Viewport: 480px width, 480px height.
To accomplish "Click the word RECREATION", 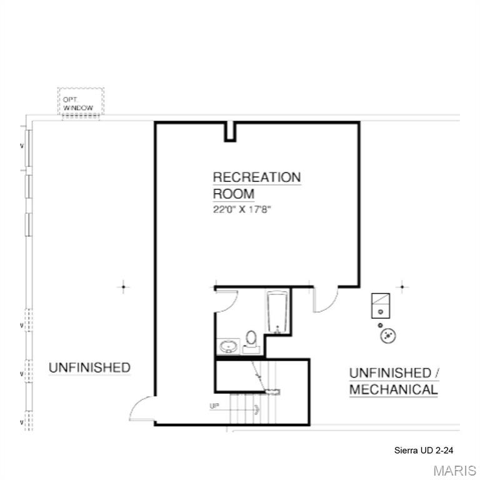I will [256, 177].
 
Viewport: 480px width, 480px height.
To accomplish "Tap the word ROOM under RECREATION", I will [234, 193].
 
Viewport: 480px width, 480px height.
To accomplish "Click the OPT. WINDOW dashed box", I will [81, 101].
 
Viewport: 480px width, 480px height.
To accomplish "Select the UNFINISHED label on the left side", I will [89, 367].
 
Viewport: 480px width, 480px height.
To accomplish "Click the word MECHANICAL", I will [393, 389].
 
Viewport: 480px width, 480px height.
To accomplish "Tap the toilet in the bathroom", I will [252, 338].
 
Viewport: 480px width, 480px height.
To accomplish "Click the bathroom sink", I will [227, 346].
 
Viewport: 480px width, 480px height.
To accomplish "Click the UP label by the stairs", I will [214, 406].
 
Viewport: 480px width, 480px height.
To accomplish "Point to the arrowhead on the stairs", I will [256, 410].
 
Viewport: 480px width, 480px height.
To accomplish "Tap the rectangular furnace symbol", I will [381, 304].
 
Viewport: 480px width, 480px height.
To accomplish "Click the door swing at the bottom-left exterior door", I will [141, 410].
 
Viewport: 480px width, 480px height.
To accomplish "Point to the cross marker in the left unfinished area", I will [123, 287].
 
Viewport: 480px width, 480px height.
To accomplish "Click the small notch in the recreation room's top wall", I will [230, 131].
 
